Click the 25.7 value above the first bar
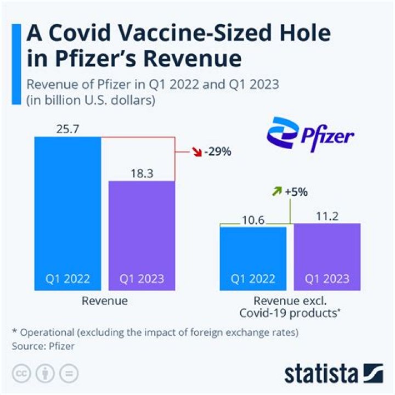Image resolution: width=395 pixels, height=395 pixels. [x=67, y=129]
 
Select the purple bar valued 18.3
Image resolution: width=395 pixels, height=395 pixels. [x=142, y=230]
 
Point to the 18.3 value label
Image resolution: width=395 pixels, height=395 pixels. [x=142, y=173]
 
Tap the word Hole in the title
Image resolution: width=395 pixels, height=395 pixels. [x=299, y=34]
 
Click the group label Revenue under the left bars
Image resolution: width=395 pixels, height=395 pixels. [x=104, y=301]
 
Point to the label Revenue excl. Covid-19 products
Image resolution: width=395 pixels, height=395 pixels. [x=290, y=307]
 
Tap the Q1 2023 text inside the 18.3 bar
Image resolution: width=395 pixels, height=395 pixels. [x=142, y=279]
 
